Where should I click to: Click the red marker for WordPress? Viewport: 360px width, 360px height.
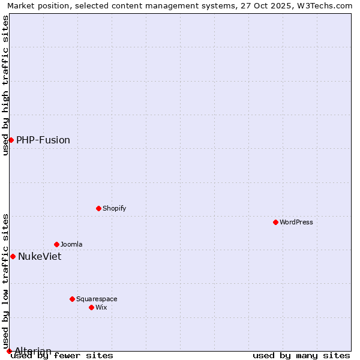click(275, 222)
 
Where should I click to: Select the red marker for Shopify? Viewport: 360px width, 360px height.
click(98, 208)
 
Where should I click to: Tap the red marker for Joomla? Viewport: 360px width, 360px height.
click(56, 244)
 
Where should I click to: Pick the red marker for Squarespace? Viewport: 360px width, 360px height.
click(72, 299)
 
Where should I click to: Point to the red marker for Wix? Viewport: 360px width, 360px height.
click(91, 307)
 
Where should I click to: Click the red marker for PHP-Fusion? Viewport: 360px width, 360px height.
click(11, 140)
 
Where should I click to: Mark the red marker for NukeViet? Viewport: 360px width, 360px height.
click(13, 256)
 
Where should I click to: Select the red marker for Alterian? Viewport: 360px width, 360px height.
click(9, 351)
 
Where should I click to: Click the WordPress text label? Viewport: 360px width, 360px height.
click(296, 222)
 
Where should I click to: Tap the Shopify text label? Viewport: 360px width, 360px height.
click(114, 208)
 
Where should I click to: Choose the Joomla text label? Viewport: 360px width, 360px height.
click(71, 244)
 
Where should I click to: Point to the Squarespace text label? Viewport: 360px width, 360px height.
click(97, 299)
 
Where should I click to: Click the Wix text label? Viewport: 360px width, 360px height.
click(101, 307)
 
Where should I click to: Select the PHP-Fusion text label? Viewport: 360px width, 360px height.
click(43, 140)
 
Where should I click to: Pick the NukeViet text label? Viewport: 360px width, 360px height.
click(40, 256)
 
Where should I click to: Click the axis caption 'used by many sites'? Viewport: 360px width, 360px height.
click(301, 356)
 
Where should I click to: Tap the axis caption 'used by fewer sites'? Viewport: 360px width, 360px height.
click(62, 356)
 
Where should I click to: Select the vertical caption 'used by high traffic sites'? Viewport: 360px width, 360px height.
click(5, 85)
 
